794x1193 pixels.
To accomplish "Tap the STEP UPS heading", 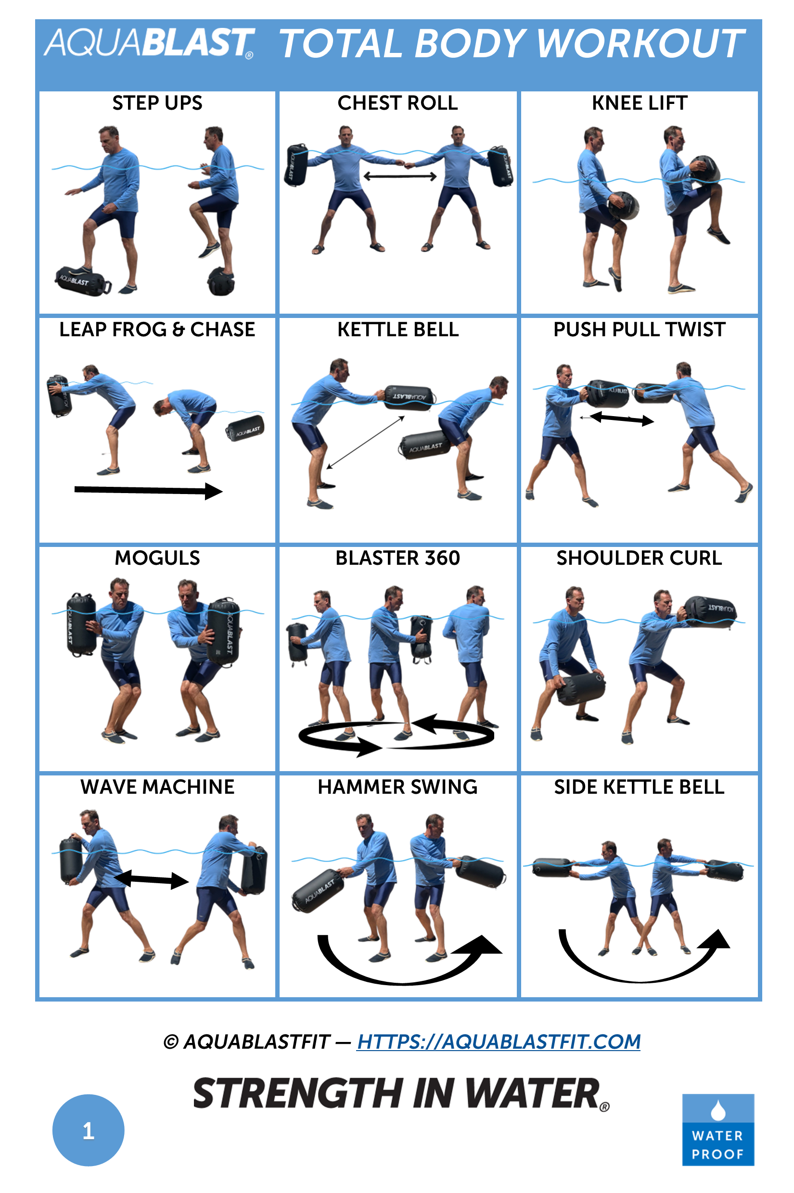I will point(157,103).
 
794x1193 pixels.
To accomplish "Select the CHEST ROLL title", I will point(397,103).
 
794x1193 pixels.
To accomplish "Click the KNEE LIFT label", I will point(639,103).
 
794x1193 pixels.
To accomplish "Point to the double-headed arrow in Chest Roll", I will point(399,177).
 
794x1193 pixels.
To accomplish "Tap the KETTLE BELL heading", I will point(398,330).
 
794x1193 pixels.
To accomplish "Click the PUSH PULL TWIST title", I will point(639,330).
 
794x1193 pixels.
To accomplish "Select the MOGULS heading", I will point(157,558).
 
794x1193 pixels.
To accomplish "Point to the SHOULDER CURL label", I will point(639,558).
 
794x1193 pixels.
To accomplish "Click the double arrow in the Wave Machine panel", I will point(151,880).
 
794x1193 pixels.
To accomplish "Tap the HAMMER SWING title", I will point(397,787).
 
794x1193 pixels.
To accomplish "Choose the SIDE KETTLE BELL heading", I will point(639,787).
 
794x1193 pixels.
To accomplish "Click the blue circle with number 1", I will point(88,1130).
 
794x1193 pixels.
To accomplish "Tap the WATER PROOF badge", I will point(717,1130).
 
